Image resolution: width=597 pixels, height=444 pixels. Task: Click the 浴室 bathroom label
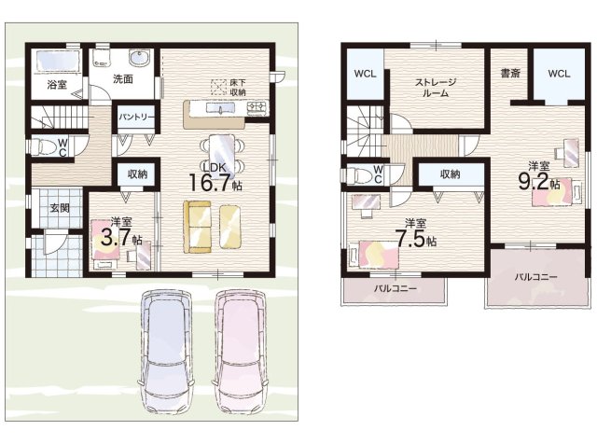click(x=57, y=85)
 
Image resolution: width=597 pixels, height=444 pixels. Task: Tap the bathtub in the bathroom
click(x=58, y=61)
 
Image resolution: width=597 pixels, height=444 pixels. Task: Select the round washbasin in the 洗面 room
click(x=139, y=58)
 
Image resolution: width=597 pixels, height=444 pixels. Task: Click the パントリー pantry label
click(x=136, y=117)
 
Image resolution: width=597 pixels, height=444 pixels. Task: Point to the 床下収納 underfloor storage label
click(x=238, y=88)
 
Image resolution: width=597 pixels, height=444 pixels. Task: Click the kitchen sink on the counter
click(x=220, y=108)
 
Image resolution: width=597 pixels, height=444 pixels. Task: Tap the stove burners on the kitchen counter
click(x=257, y=108)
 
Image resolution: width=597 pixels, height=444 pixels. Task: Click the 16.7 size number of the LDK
click(x=210, y=183)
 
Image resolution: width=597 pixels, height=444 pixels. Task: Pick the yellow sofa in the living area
click(x=197, y=227)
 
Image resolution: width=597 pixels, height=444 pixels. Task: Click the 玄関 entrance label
click(x=60, y=208)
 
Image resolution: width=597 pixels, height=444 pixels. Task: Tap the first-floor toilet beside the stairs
click(x=43, y=146)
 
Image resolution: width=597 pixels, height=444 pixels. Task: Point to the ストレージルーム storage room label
click(x=436, y=88)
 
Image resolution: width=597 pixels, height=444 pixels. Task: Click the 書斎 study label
click(x=510, y=73)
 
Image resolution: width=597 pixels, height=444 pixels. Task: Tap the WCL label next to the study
click(x=559, y=74)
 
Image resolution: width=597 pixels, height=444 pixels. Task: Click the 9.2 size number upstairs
click(x=533, y=182)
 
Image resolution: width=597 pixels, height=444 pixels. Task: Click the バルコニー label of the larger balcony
click(x=536, y=277)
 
